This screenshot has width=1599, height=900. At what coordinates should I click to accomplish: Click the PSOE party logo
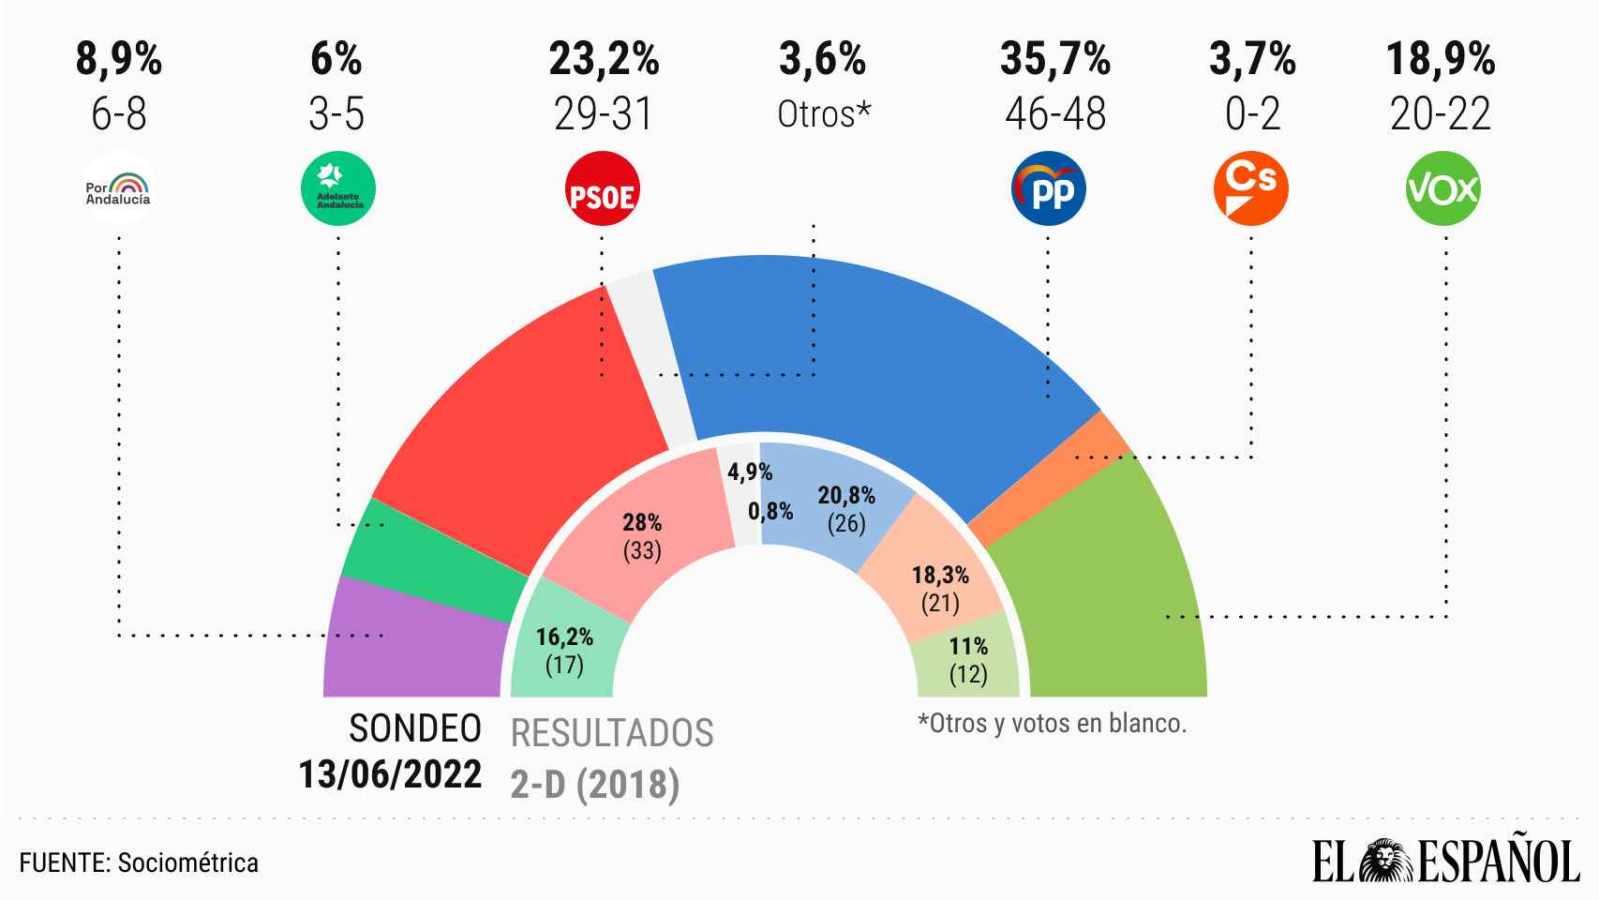pyautogui.click(x=603, y=189)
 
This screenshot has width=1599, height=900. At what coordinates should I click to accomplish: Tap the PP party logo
pyautogui.click(x=1048, y=189)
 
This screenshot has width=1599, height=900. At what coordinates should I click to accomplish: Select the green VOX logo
pyautogui.click(x=1443, y=189)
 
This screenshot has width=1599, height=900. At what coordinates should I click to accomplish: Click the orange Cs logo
pyautogui.click(x=1250, y=188)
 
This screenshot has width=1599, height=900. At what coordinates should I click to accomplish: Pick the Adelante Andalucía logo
pyautogui.click(x=337, y=189)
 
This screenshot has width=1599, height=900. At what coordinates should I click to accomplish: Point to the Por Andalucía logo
pyautogui.click(x=119, y=189)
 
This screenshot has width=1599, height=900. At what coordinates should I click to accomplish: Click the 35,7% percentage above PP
pyautogui.click(x=1055, y=60)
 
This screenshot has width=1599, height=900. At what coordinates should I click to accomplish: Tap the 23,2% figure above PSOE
pyautogui.click(x=604, y=60)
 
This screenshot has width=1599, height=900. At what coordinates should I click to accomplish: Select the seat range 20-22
pyautogui.click(x=1441, y=114)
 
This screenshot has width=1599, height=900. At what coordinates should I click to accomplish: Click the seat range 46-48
pyautogui.click(x=1055, y=114)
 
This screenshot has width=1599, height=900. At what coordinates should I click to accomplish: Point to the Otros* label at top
pyautogui.click(x=824, y=114)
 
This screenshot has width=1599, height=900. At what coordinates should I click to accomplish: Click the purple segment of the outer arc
pyautogui.click(x=412, y=647)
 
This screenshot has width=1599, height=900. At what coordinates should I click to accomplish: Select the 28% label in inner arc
pyautogui.click(x=642, y=522)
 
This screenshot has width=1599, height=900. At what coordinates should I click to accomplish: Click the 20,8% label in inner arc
pyautogui.click(x=846, y=495)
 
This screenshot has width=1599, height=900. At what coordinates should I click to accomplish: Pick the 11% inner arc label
pyautogui.click(x=968, y=646)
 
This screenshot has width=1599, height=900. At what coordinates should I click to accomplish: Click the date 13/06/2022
pyautogui.click(x=390, y=774)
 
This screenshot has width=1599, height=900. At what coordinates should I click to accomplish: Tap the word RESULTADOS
pyautogui.click(x=612, y=733)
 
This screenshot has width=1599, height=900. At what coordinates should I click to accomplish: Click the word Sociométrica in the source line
pyautogui.click(x=187, y=862)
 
